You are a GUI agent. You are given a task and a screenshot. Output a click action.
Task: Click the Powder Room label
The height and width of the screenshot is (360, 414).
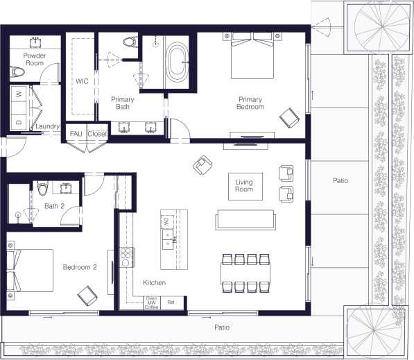coord(34,59)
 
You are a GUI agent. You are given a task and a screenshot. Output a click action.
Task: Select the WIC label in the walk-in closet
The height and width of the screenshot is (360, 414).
coord(82,81)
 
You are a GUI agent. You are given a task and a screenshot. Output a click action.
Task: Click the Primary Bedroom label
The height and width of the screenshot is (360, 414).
coord(250,103)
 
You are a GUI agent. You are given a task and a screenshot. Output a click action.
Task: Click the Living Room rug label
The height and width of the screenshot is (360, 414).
coord(243,185)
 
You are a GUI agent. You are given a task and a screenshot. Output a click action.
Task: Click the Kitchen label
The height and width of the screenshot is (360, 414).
coord(154,283)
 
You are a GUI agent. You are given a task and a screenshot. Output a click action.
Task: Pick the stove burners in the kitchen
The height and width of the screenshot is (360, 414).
coord(128,255)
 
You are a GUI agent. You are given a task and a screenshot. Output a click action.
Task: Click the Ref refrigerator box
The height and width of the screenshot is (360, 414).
coord(171,302)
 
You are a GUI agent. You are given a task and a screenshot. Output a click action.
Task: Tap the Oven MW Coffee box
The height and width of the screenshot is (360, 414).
coord(152,302)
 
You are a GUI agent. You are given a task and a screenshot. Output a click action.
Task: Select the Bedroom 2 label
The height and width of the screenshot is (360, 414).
coord(79,267)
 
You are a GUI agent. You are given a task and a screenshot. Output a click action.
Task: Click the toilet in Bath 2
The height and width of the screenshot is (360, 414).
coord(43,188)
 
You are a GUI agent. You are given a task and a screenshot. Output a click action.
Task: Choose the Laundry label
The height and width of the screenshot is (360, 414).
coord(48,126)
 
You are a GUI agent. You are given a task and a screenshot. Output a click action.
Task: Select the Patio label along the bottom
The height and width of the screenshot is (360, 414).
coord(221,327)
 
